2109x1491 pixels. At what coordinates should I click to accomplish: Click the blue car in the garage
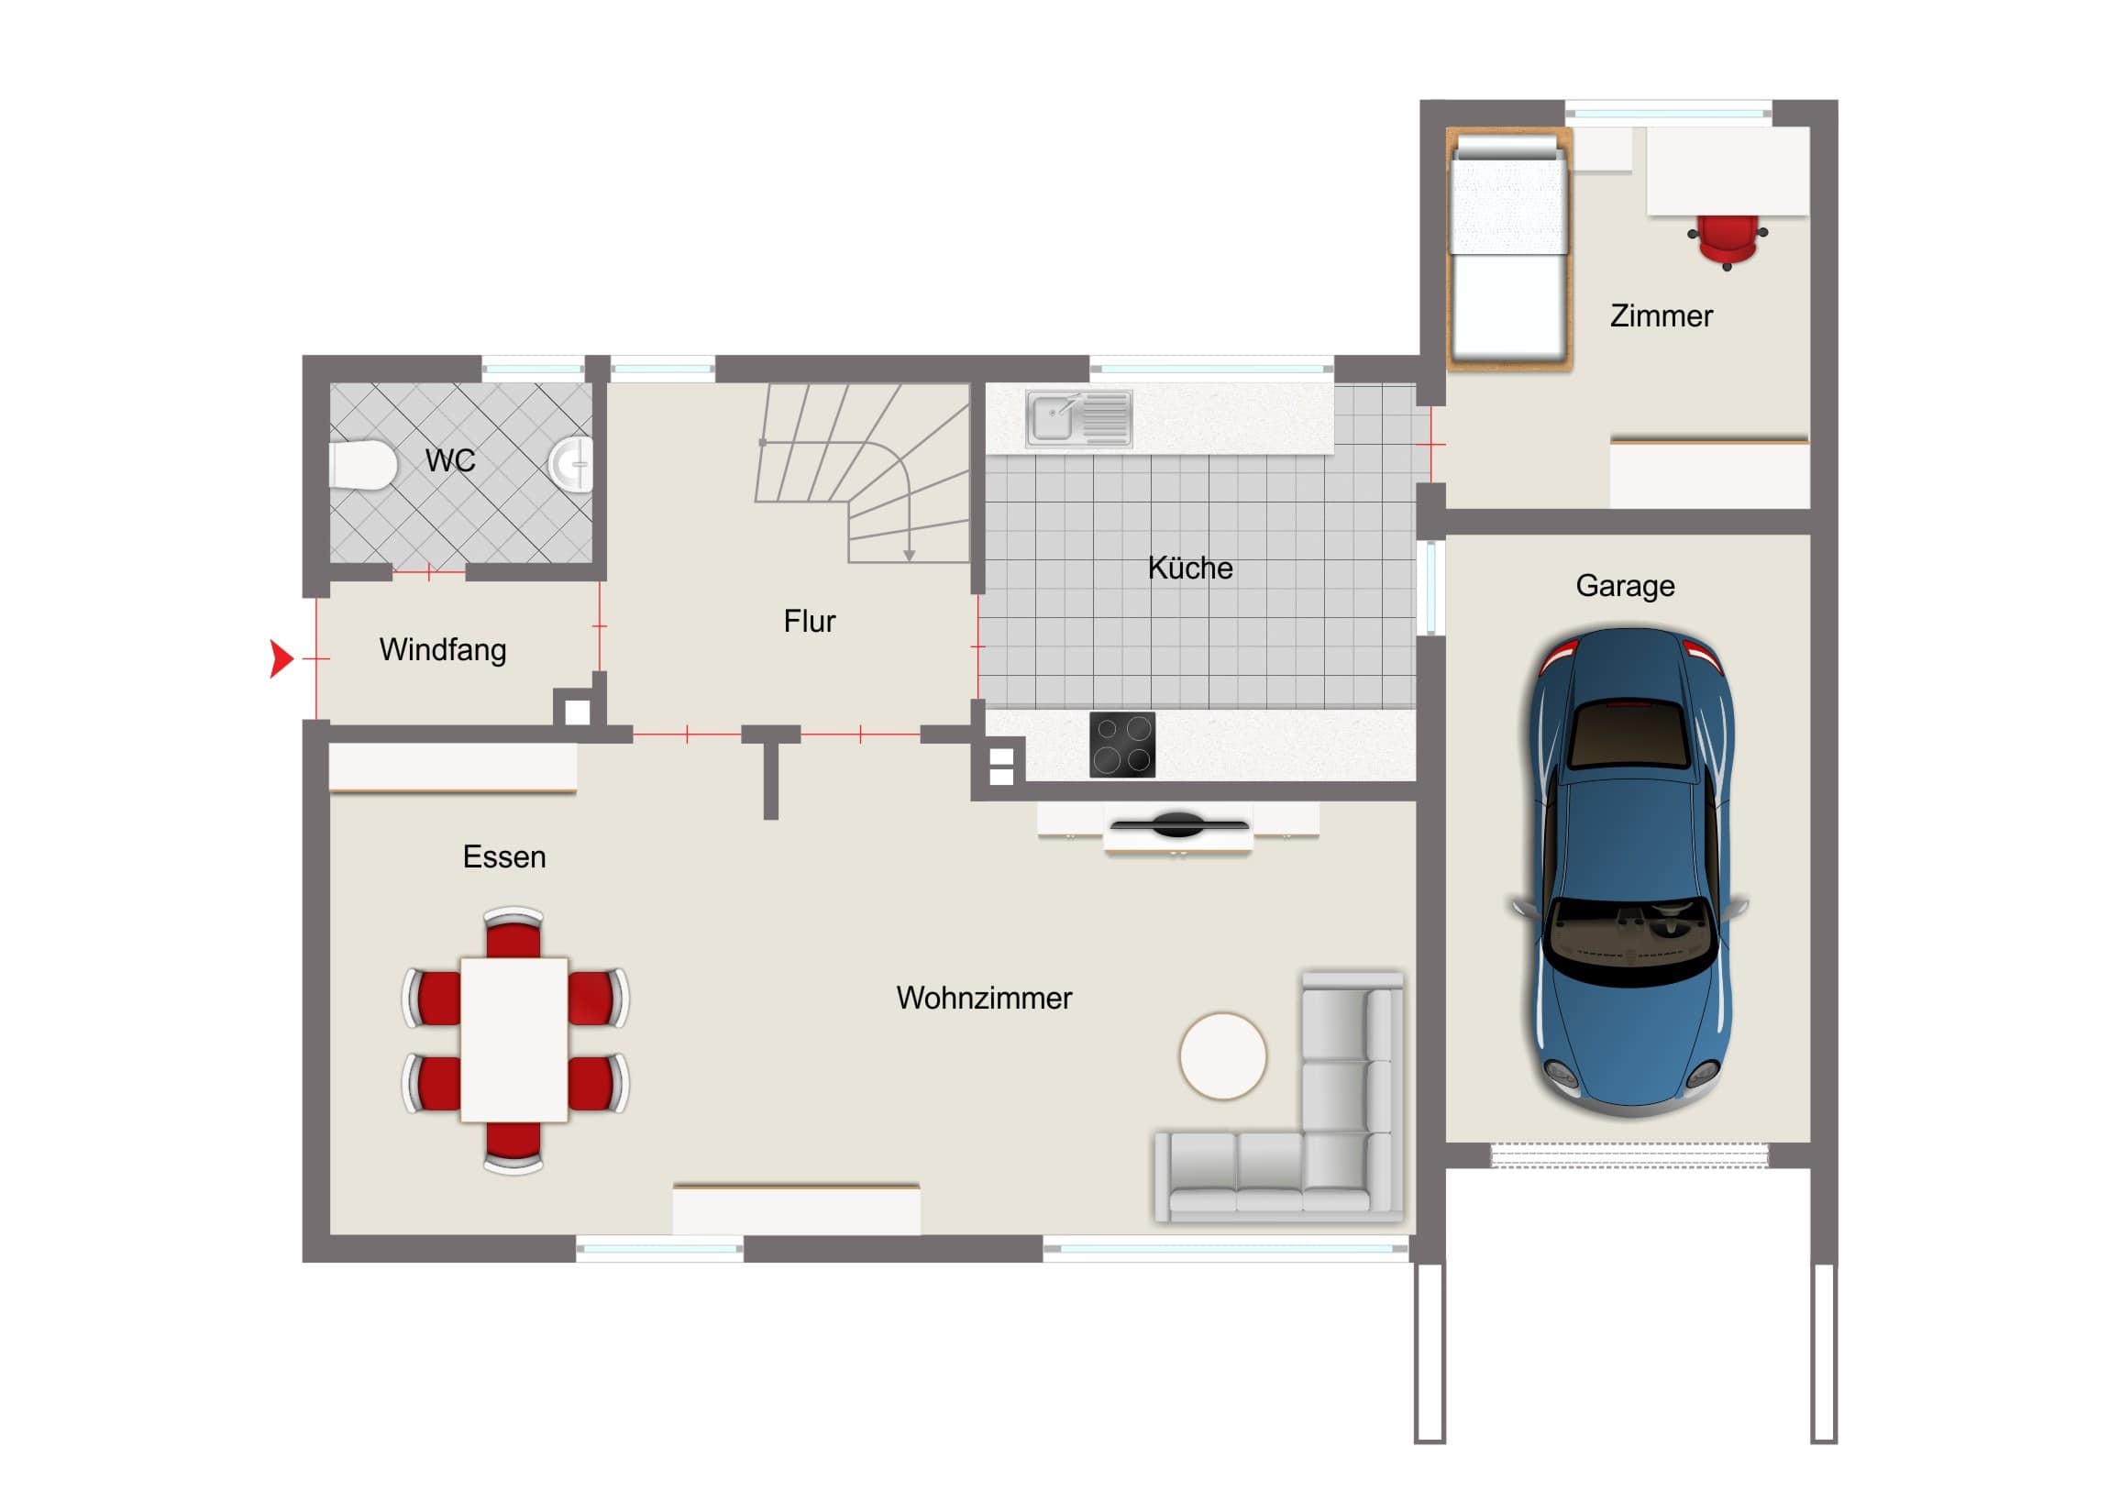1629,871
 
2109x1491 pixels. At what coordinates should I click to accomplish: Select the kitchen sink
1078,418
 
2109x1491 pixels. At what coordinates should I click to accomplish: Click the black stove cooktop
1122,744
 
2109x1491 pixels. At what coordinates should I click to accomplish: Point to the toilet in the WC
362,465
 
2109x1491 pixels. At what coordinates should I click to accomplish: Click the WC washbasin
571,463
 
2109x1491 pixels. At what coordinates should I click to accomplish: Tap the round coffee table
1222,1055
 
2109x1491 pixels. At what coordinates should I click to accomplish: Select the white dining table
513,1039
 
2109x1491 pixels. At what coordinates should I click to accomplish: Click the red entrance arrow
281,657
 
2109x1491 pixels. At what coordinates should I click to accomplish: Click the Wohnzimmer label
984,998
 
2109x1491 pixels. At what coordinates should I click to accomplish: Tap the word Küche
1189,568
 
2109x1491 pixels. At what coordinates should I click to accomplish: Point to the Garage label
1625,586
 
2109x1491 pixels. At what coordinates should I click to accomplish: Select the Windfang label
443,649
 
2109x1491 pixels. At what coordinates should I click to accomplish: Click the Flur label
810,621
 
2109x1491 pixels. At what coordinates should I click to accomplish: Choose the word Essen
504,856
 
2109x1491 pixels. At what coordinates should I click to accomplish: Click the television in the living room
1178,824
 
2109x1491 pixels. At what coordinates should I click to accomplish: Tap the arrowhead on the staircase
909,555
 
